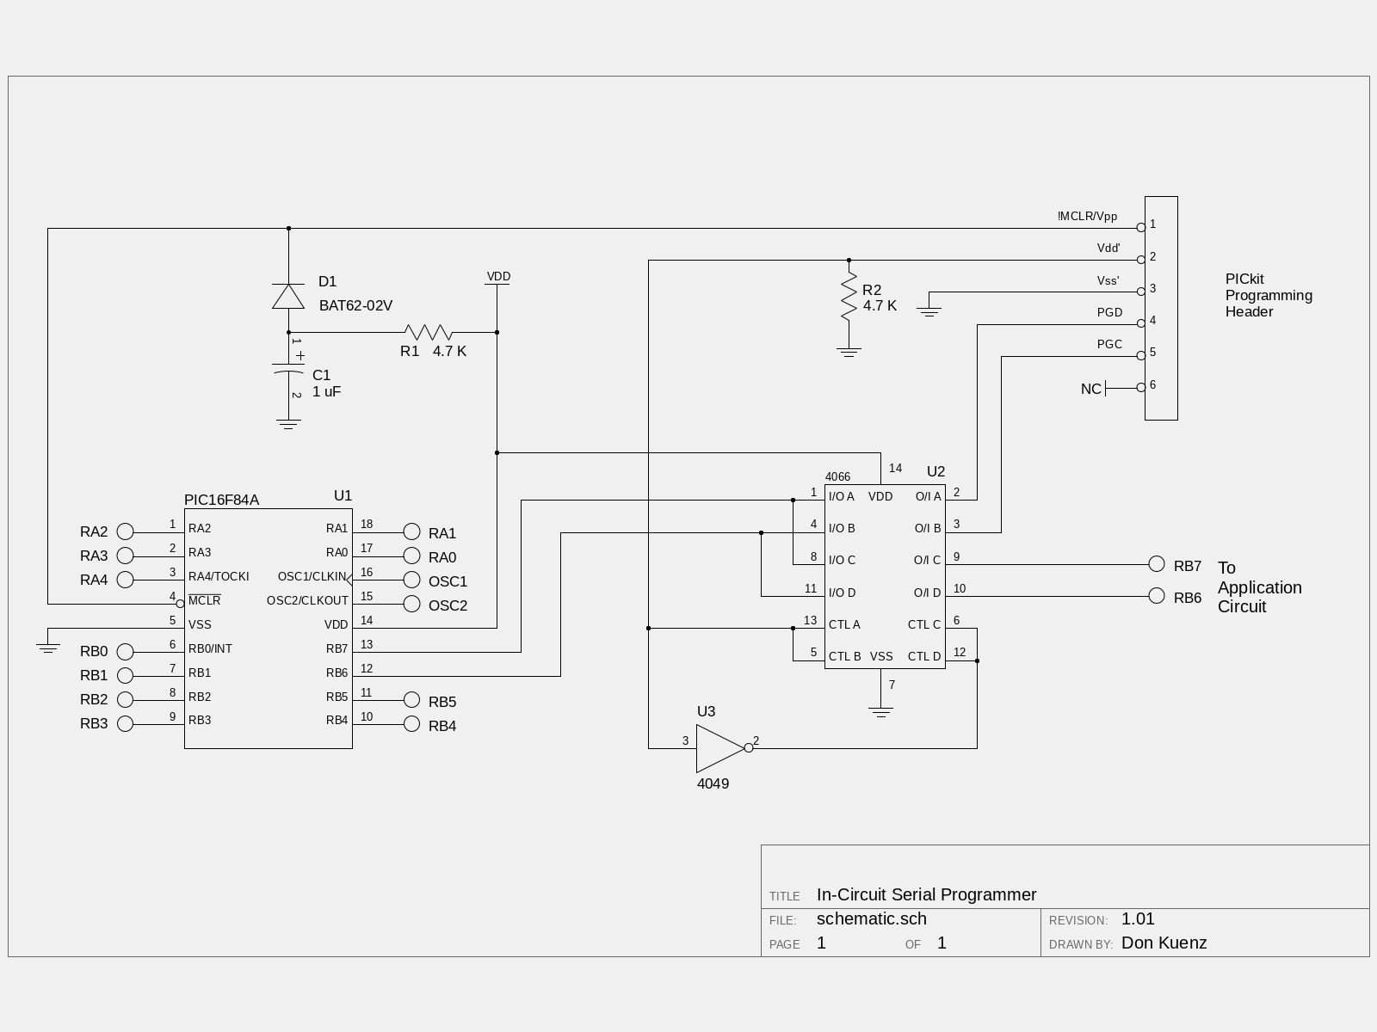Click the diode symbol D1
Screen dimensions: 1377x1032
click(x=288, y=296)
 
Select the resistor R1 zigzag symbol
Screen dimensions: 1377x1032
click(x=429, y=332)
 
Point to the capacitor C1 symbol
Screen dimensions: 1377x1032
click(x=288, y=368)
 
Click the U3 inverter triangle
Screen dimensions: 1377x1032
click(x=720, y=748)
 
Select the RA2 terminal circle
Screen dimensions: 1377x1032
click(x=126, y=531)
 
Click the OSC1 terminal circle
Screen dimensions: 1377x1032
click(x=411, y=580)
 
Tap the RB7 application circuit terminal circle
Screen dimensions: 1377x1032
click(x=1156, y=564)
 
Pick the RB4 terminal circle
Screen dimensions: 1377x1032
click(x=411, y=724)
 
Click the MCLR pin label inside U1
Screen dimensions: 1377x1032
click(x=205, y=599)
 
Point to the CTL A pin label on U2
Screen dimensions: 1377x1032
click(x=844, y=624)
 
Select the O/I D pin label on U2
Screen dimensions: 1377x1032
click(x=927, y=593)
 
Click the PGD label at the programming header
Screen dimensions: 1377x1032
click(x=1109, y=312)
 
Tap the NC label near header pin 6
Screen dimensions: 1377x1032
click(x=1091, y=389)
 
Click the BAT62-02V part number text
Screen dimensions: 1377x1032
click(x=355, y=305)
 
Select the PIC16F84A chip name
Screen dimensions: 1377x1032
click(x=221, y=500)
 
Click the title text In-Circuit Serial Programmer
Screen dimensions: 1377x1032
click(x=927, y=894)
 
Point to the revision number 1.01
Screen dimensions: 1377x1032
click(x=1138, y=918)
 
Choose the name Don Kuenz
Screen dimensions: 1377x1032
click(x=1164, y=943)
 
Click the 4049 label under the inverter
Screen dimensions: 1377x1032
click(x=713, y=783)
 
